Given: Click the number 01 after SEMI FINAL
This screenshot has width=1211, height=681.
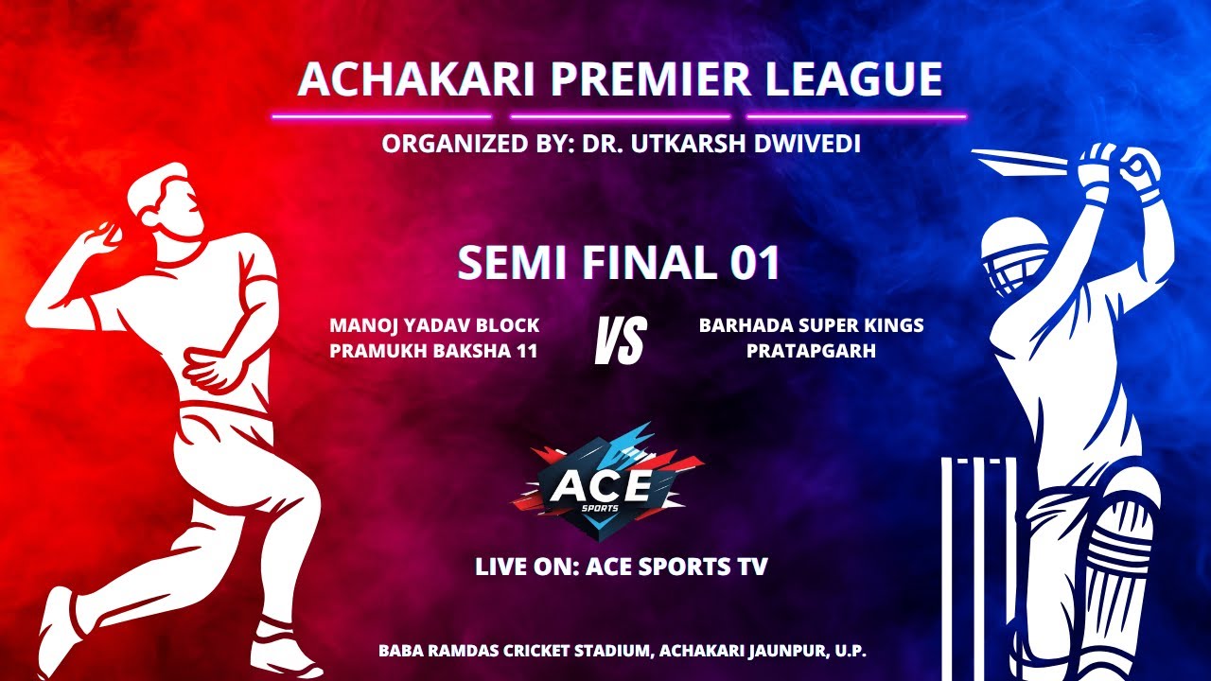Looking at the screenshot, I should pos(754,264).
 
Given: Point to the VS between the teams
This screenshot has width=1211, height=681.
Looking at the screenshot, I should pos(620,340).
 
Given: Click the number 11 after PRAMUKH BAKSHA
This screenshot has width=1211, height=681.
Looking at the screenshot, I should pos(527,351).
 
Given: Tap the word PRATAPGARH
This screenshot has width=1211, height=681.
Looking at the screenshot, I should pos(811,351).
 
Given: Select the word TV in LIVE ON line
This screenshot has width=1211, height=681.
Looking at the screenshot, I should pos(749,567).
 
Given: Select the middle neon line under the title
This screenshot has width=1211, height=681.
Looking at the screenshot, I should pos(620,117).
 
